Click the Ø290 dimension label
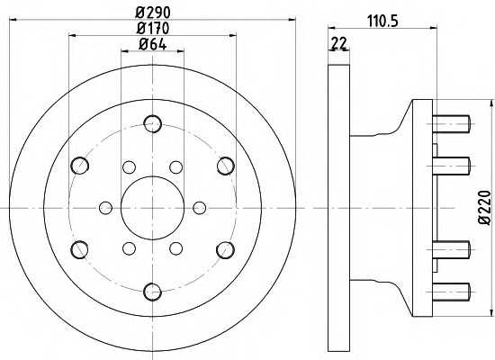point(153,13)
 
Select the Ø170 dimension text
point(153,29)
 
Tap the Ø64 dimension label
point(153,44)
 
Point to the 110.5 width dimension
point(382,22)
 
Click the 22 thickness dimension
point(339,43)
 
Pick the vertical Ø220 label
point(485,208)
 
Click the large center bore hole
point(152,208)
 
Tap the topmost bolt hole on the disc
point(153,123)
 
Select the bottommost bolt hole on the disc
point(153,292)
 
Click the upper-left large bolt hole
point(80,166)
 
